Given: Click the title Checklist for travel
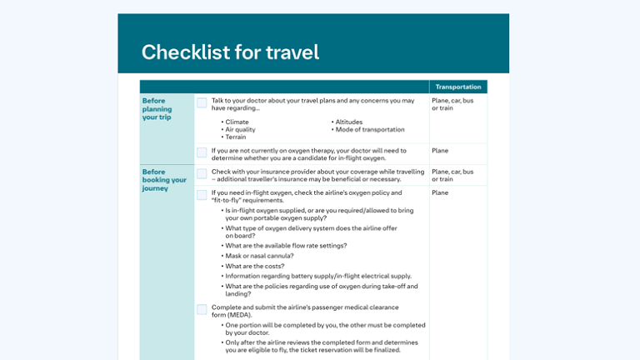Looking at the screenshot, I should tap(230, 52).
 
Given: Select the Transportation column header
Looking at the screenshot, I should tap(458, 87).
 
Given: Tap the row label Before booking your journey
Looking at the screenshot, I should tap(164, 180).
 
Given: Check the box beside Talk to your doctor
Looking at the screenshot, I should tap(202, 102).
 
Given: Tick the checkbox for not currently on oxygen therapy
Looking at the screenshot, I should tap(202, 152).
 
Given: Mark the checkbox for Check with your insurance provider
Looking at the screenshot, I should tap(202, 174).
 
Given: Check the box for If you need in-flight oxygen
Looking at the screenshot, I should tap(202, 195).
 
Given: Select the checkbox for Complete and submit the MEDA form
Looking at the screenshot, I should tap(202, 309).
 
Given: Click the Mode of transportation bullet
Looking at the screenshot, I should tap(369, 129).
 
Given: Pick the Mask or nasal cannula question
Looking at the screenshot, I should tap(258, 256).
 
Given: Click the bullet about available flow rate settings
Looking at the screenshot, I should tap(285, 245).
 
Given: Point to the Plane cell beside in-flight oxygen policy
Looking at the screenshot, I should tap(440, 192).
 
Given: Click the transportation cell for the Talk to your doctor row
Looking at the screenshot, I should tap(452, 104).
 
